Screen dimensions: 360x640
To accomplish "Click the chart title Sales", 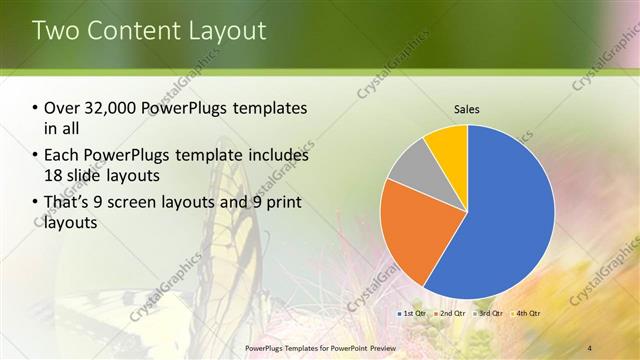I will coord(467,107).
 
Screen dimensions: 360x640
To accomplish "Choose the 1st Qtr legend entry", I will coord(413,314).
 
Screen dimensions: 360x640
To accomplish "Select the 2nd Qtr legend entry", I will coord(451,314).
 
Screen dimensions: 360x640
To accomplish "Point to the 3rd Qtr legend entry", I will coord(489,314).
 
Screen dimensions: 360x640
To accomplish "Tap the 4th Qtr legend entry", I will coord(527,314).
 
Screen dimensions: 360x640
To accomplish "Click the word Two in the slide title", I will coord(57,30).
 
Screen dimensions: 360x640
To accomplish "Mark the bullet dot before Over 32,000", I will coord(36,108).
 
